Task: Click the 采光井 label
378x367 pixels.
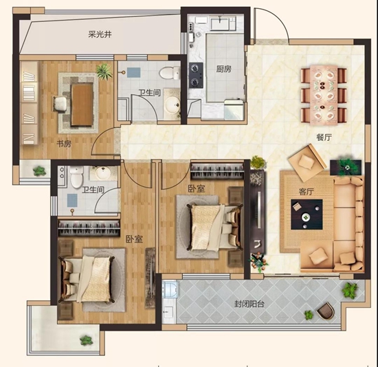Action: point(100,34)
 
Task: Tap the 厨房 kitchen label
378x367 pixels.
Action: point(223,69)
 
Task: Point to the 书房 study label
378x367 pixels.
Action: point(64,144)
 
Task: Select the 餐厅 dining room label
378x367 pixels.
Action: point(324,137)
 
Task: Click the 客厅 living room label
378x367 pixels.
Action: point(306,192)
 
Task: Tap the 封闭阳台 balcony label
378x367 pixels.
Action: point(249,304)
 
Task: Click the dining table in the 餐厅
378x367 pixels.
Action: point(324,95)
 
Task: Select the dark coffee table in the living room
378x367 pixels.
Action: point(307,214)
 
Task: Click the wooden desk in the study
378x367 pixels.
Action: point(82,104)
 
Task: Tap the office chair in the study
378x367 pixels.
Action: point(60,104)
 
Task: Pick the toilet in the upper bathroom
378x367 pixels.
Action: point(170,73)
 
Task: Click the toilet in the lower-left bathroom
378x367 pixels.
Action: point(77,177)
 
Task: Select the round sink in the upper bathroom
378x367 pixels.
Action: point(173,105)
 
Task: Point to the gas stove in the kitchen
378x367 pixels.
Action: point(196,75)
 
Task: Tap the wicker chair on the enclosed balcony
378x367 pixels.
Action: point(326,311)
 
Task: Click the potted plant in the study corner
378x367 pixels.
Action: point(104,71)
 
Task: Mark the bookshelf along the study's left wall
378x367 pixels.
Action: point(29,103)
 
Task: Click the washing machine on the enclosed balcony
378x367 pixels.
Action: point(170,289)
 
